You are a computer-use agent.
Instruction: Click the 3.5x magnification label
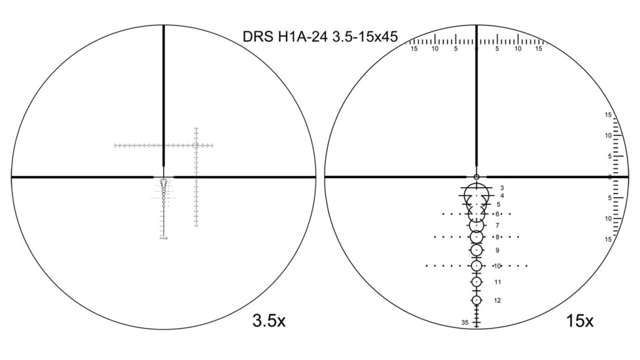[x=268, y=321]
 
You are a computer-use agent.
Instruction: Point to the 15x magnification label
[x=580, y=321]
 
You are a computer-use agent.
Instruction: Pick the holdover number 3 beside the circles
[x=502, y=188]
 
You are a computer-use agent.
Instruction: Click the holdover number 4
[x=502, y=196]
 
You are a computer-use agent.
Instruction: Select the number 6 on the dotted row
[x=497, y=214]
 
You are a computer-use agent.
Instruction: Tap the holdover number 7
[x=497, y=225]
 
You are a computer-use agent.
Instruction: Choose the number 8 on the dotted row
[x=497, y=237]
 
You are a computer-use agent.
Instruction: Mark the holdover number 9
[x=497, y=250]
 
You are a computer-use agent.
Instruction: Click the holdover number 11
[x=497, y=282]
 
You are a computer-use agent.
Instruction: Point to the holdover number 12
[x=497, y=300]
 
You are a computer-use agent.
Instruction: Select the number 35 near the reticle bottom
[x=465, y=323]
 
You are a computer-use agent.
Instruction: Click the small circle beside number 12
[x=476, y=300]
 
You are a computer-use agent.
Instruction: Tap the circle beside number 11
[x=476, y=281]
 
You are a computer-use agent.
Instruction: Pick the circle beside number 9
[x=476, y=250]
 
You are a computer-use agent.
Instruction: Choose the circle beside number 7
[x=476, y=225]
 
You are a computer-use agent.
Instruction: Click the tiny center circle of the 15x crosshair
[x=476, y=177]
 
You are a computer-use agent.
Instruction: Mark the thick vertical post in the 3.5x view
[x=164, y=98]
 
